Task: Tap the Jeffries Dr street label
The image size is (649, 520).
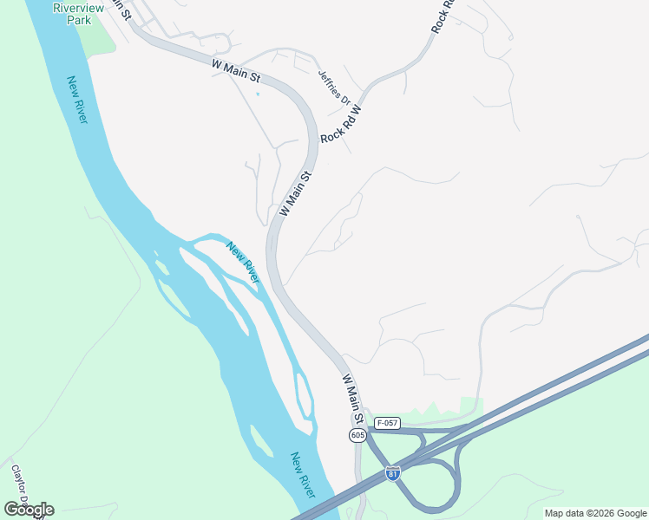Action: (333, 88)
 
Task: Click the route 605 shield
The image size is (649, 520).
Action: (357, 435)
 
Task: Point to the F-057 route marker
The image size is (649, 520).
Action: (386, 423)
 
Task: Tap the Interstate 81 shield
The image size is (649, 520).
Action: (393, 474)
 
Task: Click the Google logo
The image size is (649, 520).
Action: (29, 510)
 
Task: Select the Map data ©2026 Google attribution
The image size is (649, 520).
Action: (595, 513)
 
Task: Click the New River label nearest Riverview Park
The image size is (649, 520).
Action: (77, 100)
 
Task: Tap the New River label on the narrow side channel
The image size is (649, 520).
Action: (243, 263)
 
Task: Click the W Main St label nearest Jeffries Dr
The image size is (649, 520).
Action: (235, 71)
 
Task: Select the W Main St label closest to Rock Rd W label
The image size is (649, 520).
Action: (294, 193)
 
